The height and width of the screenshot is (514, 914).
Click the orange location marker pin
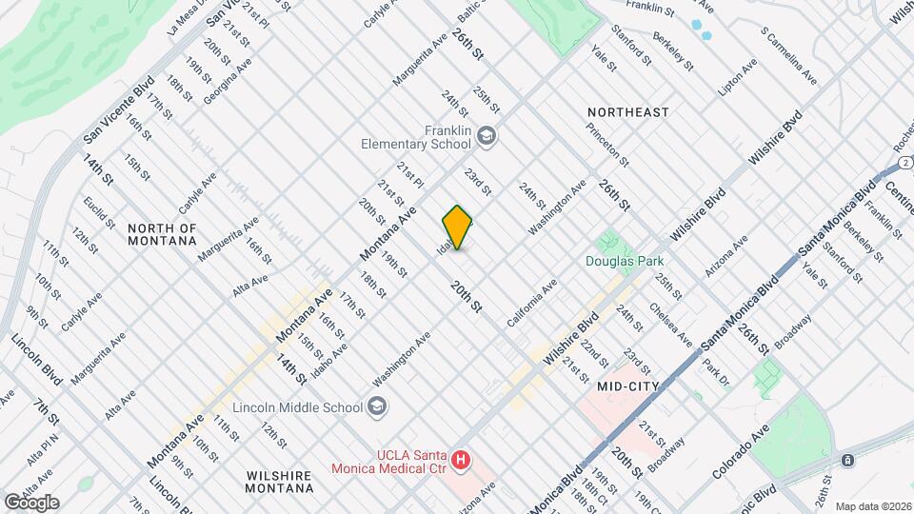pyautogui.click(x=457, y=227)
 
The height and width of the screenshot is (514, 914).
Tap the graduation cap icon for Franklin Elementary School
pyautogui.click(x=487, y=136)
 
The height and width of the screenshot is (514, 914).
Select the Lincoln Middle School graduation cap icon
pyautogui.click(x=378, y=407)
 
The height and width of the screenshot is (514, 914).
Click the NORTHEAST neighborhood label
pyautogui.click(x=628, y=112)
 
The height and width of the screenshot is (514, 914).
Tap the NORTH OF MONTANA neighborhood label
pyautogui.click(x=163, y=234)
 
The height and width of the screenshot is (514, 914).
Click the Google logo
pyautogui.click(x=30, y=503)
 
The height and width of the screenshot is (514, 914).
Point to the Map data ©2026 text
pyautogui.click(x=872, y=505)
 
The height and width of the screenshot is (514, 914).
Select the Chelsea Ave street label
pyautogui.click(x=671, y=325)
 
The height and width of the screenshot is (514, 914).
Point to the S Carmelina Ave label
pyautogui.click(x=788, y=53)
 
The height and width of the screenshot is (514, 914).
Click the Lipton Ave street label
pyautogui.click(x=738, y=77)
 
